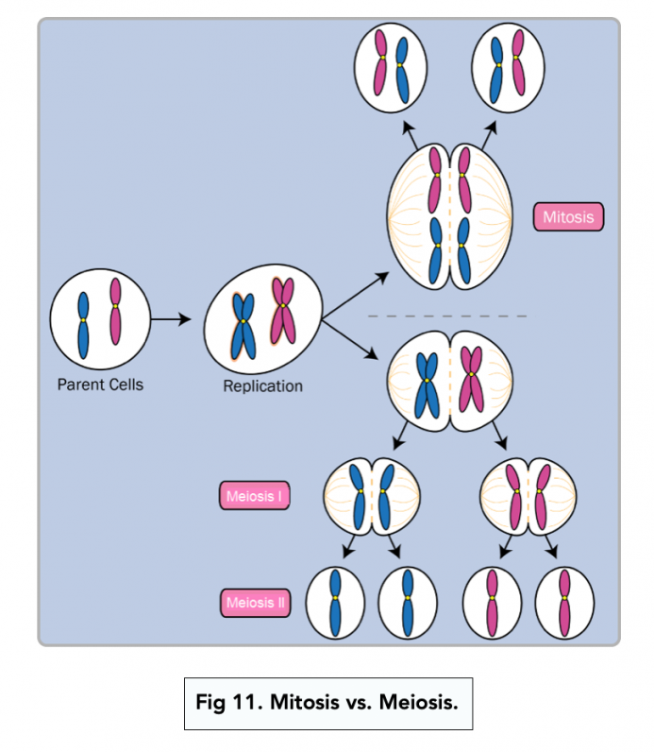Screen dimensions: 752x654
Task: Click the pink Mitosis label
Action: (x=568, y=217)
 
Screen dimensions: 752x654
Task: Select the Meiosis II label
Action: (x=255, y=603)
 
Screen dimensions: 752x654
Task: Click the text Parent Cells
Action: (x=100, y=385)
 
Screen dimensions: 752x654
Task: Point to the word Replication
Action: (x=263, y=385)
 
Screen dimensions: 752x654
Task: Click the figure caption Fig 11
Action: (x=327, y=703)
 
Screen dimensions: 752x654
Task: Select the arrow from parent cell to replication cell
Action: (x=171, y=320)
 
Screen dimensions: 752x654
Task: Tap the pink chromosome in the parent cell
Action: (x=115, y=312)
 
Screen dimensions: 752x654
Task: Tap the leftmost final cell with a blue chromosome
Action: (x=335, y=602)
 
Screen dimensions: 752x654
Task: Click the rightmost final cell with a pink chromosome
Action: (x=564, y=602)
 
